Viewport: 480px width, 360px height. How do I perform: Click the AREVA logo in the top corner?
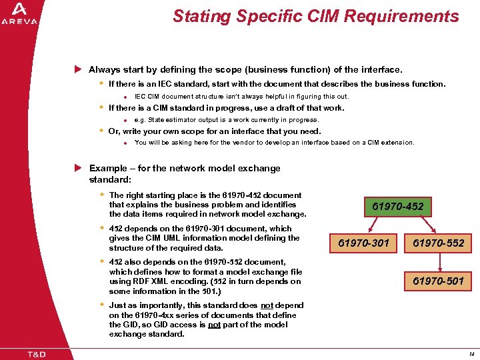pos(19,14)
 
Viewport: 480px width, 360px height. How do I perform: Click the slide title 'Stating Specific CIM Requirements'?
pos(315,16)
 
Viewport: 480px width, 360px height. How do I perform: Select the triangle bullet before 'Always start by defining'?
pos(78,69)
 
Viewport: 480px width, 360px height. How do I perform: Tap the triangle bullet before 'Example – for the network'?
pos(78,168)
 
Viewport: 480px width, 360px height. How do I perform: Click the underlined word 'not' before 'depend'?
pos(267,305)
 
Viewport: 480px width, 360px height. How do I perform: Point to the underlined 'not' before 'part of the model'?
pos(215,325)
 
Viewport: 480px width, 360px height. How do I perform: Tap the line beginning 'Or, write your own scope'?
pos(214,131)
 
